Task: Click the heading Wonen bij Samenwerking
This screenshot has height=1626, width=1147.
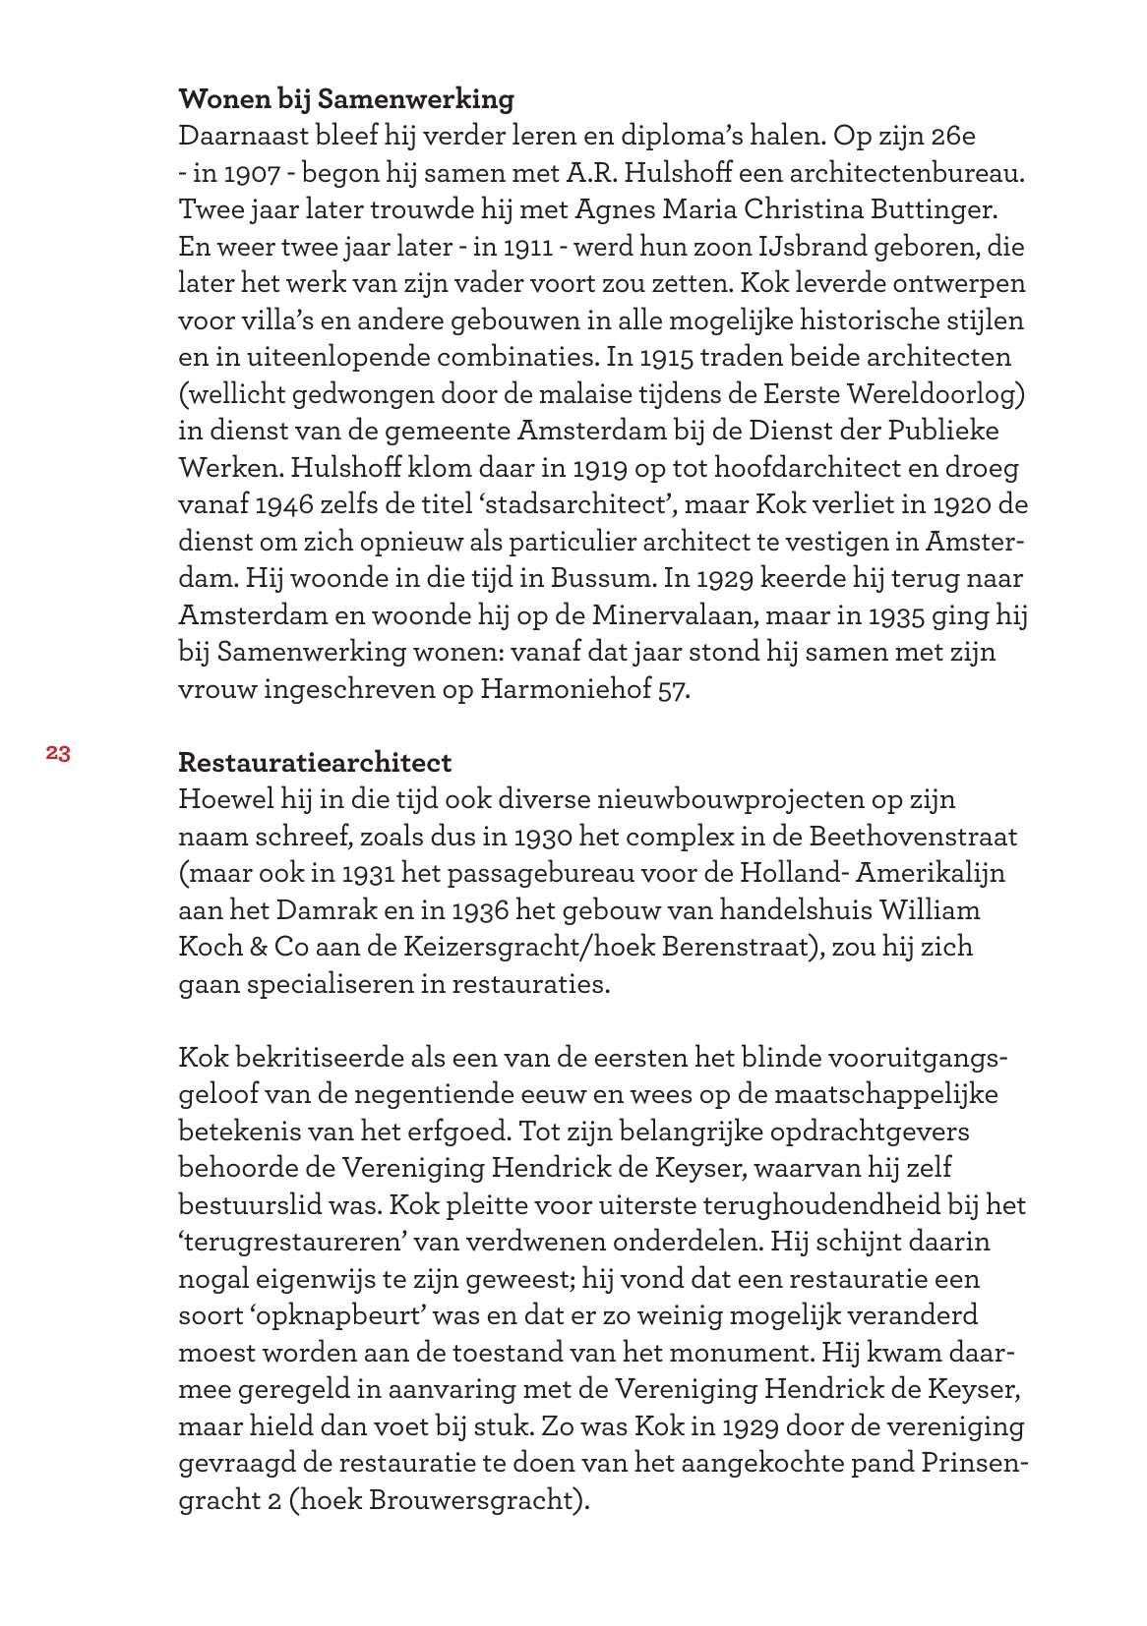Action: (346, 99)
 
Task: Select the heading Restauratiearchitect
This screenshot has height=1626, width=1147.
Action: (315, 762)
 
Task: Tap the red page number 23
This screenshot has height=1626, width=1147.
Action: (57, 754)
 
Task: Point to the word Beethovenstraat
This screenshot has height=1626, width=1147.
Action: (914, 837)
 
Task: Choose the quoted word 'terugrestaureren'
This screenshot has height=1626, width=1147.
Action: (295, 1242)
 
